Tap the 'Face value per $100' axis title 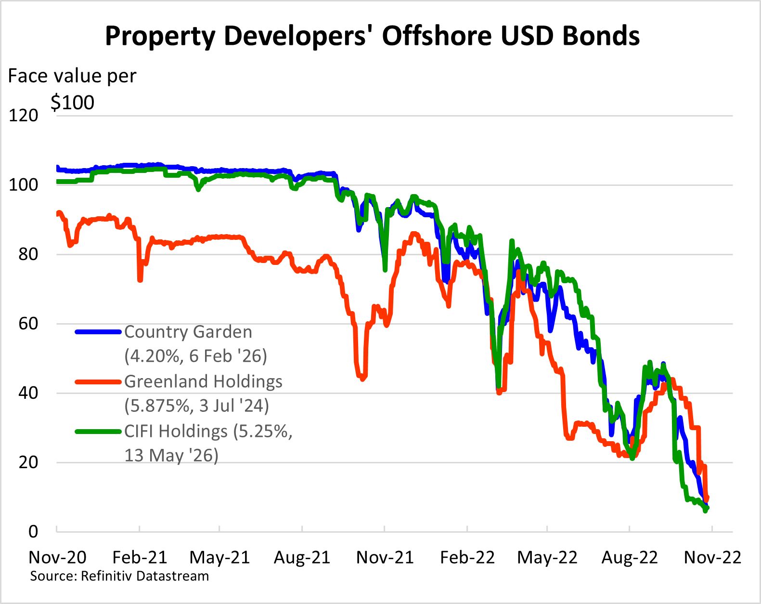[x=72, y=89]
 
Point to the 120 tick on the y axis [x=24, y=116]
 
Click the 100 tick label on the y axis [x=24, y=185]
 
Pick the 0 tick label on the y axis [x=33, y=531]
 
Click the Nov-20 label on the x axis [x=57, y=557]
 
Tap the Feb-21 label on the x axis [x=140, y=557]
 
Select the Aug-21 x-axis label [x=302, y=557]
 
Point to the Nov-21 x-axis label [x=385, y=557]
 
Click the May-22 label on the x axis [x=547, y=557]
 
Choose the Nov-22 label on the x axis [x=712, y=557]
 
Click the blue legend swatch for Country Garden [x=98, y=332]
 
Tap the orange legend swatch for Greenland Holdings [x=98, y=382]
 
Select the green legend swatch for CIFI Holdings [x=98, y=432]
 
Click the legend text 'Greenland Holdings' [x=203, y=381]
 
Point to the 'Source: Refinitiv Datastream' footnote [x=119, y=576]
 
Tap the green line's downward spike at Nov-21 [x=385, y=270]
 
